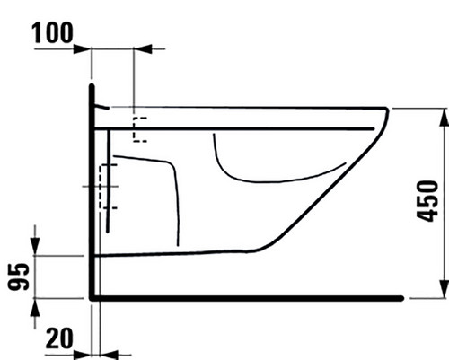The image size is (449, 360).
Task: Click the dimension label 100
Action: [x=52, y=32]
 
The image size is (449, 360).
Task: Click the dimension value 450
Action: [x=427, y=201]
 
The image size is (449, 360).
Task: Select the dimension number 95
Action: [x=19, y=277]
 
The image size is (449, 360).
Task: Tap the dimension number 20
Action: [x=59, y=338]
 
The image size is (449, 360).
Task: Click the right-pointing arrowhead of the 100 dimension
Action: [x=82, y=48]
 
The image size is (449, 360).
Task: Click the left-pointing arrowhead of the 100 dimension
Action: [x=143, y=48]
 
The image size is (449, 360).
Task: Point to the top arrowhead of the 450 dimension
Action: [x=445, y=117]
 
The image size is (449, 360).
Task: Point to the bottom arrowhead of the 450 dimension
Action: [x=445, y=289]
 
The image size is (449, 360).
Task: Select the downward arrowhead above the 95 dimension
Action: [x=35, y=247]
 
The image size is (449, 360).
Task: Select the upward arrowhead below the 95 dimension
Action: [x=35, y=307]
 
